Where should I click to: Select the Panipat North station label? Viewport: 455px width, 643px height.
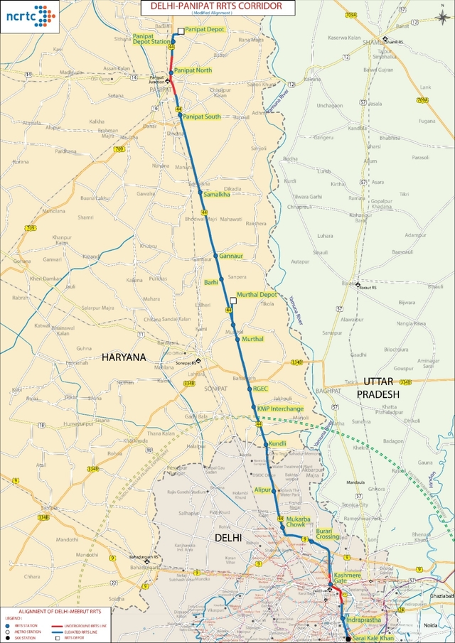coord(193,70)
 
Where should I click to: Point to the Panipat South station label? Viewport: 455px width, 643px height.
coord(201,116)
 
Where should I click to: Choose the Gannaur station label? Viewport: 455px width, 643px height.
coord(232,255)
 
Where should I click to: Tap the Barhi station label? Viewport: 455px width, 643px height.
coord(211,282)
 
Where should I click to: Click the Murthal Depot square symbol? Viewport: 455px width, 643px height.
coord(233,301)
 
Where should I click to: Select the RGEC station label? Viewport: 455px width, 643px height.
coord(260,389)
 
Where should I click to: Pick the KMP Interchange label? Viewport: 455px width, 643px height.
coord(280,409)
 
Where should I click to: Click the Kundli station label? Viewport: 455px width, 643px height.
coord(277,444)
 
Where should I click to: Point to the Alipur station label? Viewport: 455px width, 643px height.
coord(264,490)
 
